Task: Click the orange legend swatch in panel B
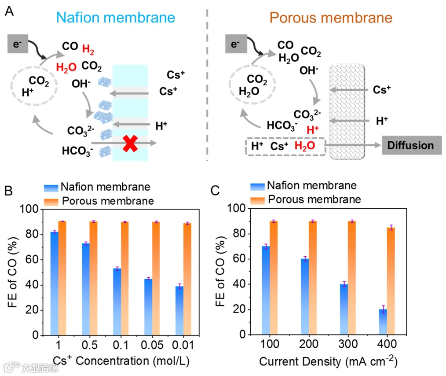point(51,201)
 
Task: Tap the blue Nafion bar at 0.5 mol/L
point(85,289)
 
